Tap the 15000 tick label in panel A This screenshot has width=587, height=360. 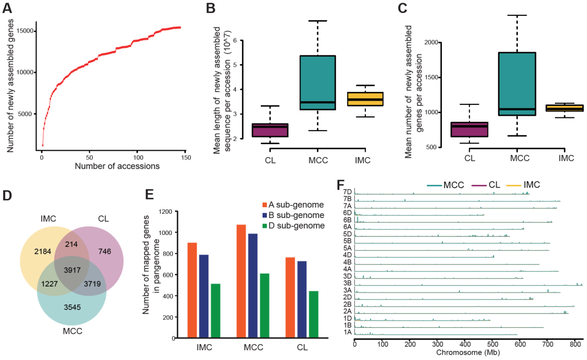pos(25,31)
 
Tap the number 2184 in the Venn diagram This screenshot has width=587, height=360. pos(41,252)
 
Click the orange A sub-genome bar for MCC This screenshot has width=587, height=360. pos(242,281)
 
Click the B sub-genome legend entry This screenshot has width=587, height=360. pos(289,215)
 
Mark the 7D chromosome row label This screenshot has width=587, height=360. pos(348,191)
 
